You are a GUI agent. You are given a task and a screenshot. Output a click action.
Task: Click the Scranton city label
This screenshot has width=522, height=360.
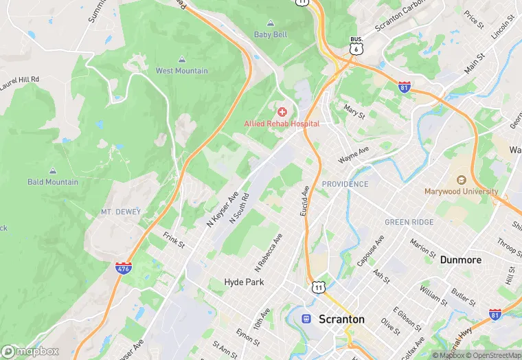pyautogui.click(x=341, y=319)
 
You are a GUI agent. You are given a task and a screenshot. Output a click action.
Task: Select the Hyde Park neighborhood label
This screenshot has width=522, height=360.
pyautogui.click(x=244, y=282)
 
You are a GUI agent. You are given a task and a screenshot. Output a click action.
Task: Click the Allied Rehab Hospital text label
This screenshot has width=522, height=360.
pyautogui.click(x=282, y=124)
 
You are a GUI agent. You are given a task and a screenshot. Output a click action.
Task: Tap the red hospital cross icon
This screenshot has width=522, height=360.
pyautogui.click(x=282, y=111)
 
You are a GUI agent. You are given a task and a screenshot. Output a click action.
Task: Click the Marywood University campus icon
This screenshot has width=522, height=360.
pyautogui.click(x=461, y=179)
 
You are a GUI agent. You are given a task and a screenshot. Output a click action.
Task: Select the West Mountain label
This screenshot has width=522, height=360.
pyautogui.click(x=181, y=71)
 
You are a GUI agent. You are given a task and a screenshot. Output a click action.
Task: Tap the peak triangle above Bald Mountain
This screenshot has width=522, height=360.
pyautogui.click(x=53, y=170)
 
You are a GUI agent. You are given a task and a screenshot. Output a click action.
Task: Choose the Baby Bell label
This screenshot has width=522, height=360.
pyautogui.click(x=271, y=34)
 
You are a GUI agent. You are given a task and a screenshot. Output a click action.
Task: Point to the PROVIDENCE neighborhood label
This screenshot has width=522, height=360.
pyautogui.click(x=345, y=184)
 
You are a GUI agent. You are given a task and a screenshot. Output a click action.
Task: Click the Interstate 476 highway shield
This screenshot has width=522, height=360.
pyautogui.click(x=124, y=267)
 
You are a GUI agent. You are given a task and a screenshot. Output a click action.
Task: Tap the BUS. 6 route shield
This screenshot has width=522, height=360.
pyautogui.click(x=355, y=46)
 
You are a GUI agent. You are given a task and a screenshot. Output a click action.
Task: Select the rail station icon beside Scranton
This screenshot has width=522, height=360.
pyautogui.click(x=306, y=319)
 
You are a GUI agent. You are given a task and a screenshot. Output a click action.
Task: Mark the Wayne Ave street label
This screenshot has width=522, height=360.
pyautogui.click(x=354, y=154)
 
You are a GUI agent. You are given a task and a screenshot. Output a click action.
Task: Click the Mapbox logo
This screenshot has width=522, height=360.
pyautogui.click(x=30, y=351)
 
